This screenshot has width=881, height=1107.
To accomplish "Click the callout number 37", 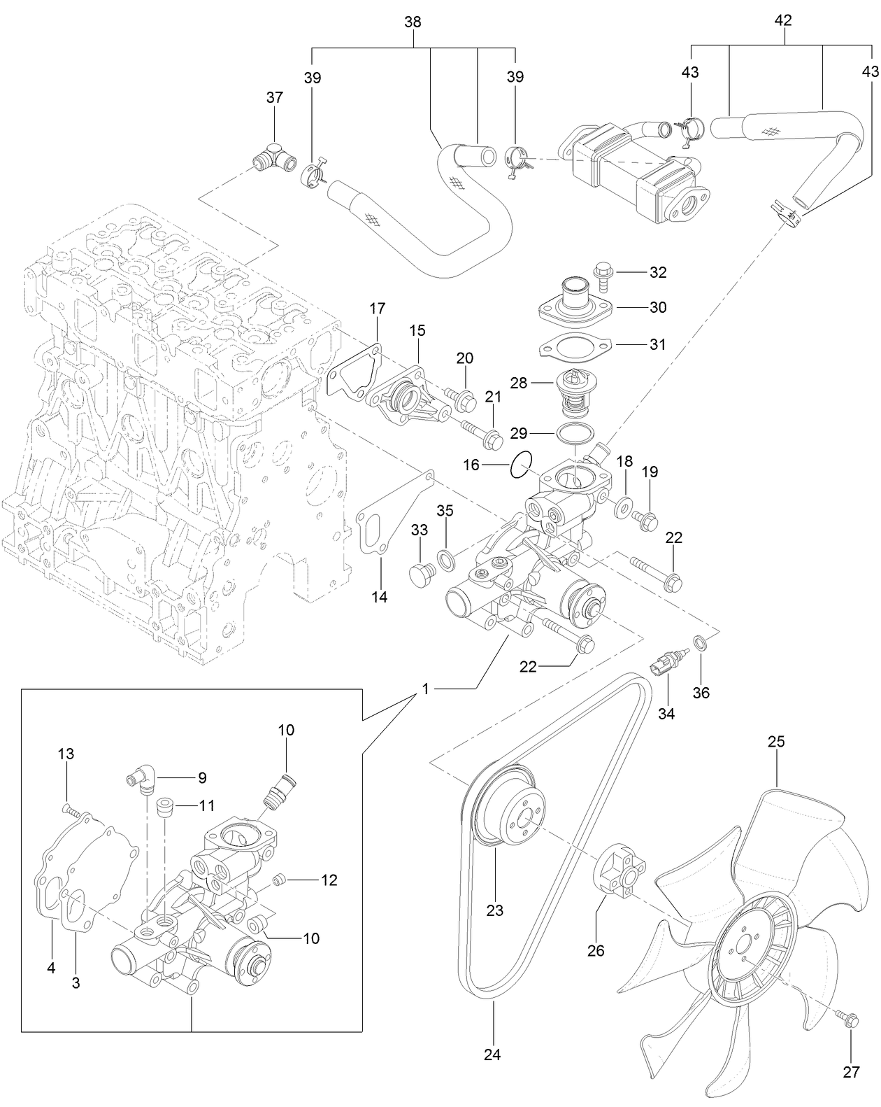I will pos(275,98).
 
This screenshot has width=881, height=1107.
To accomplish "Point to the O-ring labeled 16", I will pos(521,464).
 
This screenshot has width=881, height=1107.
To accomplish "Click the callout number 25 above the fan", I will pos(776,741).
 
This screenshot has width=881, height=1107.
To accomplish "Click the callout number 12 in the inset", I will pos(329,880).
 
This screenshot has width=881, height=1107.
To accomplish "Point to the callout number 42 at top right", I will pos(783,21).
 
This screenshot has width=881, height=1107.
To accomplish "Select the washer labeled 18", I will pos(624,506).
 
